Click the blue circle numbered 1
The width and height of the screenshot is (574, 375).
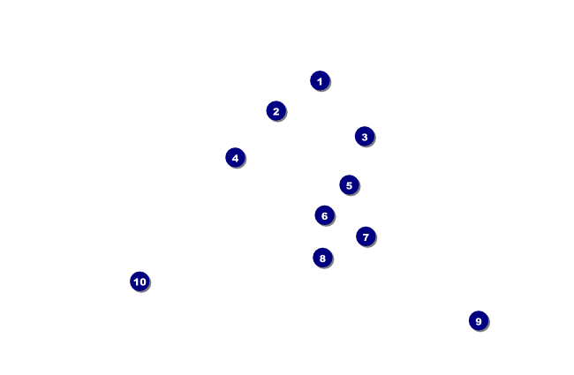pos(320,80)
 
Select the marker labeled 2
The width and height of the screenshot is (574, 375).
pos(276,110)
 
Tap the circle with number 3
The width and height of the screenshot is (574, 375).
pos(364,136)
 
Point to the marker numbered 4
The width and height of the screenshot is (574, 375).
pos(235,157)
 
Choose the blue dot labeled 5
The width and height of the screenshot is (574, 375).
pos(349,184)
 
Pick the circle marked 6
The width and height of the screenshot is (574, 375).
pos(324,214)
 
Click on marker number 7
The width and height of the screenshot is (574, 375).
pos(366,236)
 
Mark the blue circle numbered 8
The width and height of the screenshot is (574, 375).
pos(322,258)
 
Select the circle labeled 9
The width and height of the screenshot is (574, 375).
pos(478,320)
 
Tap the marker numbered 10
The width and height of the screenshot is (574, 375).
pos(140,281)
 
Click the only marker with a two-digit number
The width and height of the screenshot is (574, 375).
pos(140,281)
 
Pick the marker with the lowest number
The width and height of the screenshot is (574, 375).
pos(320,80)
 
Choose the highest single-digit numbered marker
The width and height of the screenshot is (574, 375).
pos(478,320)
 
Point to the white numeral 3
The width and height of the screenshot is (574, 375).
pos(364,136)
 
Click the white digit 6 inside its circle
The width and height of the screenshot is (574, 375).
pos(324,214)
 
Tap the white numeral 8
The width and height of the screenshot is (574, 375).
pos(322,258)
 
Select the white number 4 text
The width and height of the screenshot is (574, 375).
pos(235,157)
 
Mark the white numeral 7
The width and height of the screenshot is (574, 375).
pos(366,236)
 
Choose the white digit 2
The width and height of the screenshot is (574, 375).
pos(276,110)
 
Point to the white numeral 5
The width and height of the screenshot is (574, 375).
pos(349,184)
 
